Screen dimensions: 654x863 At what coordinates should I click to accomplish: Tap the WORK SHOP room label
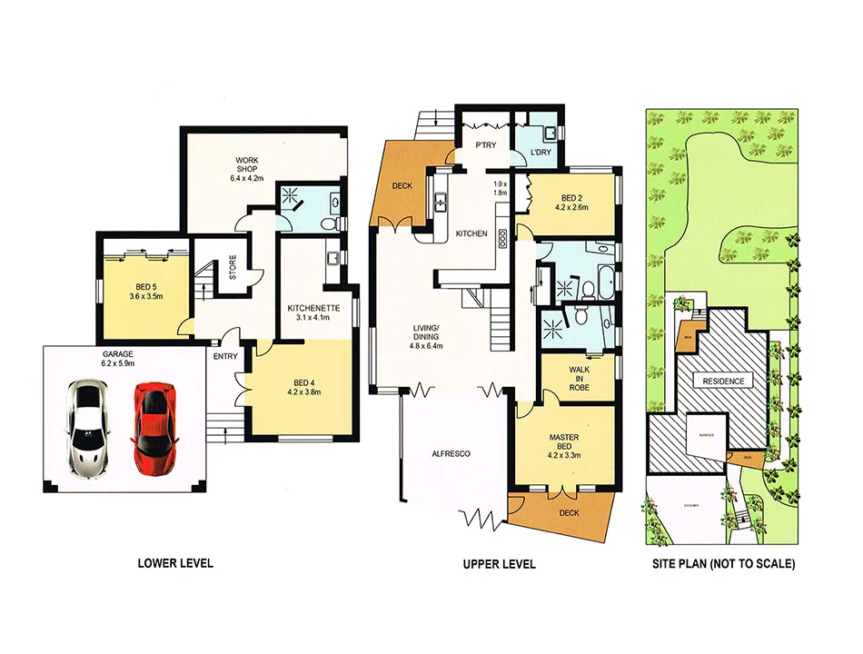pyautogui.click(x=245, y=168)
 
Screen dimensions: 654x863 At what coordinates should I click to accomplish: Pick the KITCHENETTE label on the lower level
pyautogui.click(x=312, y=312)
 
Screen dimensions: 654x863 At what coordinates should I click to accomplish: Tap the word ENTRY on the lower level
pyautogui.click(x=225, y=357)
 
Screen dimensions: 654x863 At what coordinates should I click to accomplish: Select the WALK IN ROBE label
pyautogui.click(x=580, y=379)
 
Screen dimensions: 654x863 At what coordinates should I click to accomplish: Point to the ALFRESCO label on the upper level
pyautogui.click(x=449, y=454)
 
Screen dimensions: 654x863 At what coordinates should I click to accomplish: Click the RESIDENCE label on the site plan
pyautogui.click(x=722, y=381)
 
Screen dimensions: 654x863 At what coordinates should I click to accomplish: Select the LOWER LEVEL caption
pyautogui.click(x=175, y=564)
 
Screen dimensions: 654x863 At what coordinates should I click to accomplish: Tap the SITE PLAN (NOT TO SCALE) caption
pyautogui.click(x=724, y=564)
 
